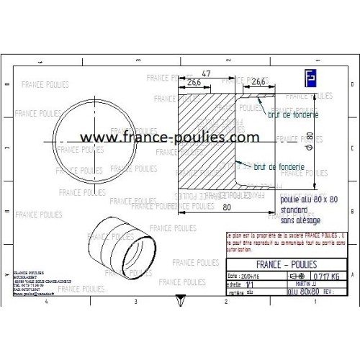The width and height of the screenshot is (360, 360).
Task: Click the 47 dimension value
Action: tap(205, 74)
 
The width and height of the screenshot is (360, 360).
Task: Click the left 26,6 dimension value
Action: tap(193, 84)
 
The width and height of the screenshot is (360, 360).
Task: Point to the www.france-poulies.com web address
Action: tap(169, 137)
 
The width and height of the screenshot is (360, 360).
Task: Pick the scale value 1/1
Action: tap(250, 284)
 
